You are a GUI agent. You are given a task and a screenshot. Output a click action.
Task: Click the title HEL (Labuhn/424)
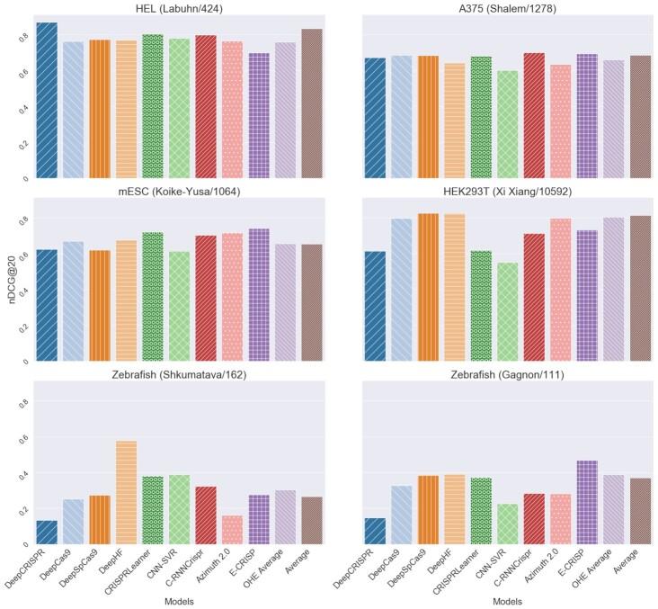[x=179, y=9]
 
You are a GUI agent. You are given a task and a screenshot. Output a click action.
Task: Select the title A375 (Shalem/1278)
[x=506, y=9]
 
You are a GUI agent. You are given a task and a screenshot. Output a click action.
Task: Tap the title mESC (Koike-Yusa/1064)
[x=179, y=192]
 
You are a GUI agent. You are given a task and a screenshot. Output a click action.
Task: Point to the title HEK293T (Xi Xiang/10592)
[x=506, y=192]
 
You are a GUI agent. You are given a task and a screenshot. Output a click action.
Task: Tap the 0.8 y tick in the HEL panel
[x=23, y=36]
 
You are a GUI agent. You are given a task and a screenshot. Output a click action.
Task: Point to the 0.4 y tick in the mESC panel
[x=23, y=291]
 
